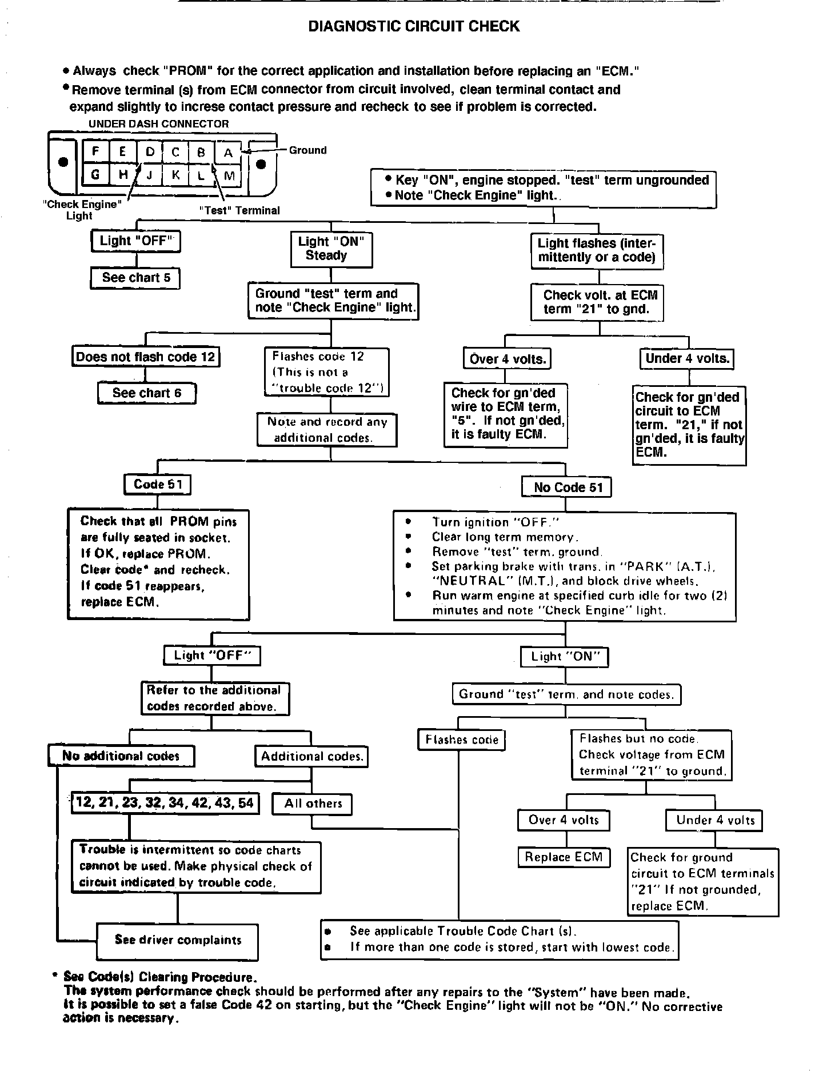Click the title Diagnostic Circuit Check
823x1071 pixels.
tap(414, 26)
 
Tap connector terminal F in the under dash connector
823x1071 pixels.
tap(95, 152)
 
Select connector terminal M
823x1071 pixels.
tap(229, 175)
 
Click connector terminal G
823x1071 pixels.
tap(95, 174)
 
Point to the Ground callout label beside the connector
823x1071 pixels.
tap(307, 150)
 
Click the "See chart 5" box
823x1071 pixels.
tap(135, 278)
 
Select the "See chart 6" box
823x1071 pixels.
tap(146, 393)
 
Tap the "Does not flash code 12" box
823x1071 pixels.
tap(146, 357)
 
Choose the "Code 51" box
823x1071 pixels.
tap(157, 485)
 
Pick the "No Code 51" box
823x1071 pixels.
tap(566, 487)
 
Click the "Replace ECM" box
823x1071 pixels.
tap(564, 857)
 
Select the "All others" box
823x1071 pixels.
tap(313, 804)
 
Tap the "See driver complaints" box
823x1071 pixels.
tap(178, 940)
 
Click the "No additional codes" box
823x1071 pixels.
tap(121, 756)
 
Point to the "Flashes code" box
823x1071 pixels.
tap(462, 740)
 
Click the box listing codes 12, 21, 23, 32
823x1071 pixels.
tap(165, 802)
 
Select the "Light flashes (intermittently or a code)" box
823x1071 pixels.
tap(597, 250)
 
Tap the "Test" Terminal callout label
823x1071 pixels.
tap(239, 210)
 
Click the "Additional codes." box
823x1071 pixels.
tap(311, 757)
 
